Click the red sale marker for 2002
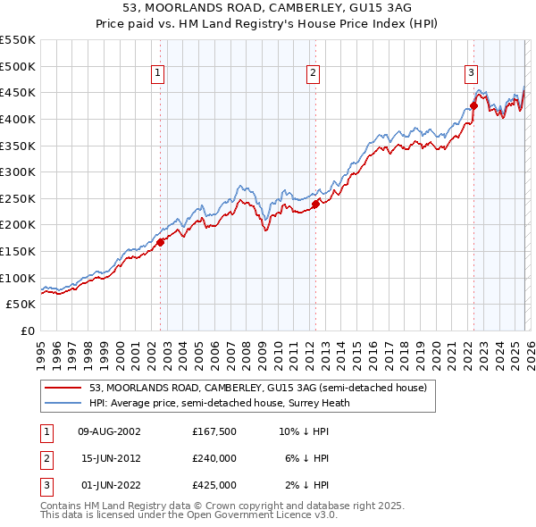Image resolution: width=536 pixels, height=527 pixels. click(x=160, y=242)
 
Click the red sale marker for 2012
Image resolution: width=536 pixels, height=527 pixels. click(x=315, y=204)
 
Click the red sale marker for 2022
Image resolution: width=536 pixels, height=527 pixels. click(x=473, y=106)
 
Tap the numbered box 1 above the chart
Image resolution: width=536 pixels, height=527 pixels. click(x=157, y=74)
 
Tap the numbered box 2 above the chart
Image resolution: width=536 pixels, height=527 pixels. click(x=314, y=74)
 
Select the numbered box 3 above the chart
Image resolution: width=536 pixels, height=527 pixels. click(x=471, y=74)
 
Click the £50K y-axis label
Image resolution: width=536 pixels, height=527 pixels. click(x=21, y=305)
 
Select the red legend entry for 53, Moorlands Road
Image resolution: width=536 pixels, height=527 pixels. click(x=259, y=388)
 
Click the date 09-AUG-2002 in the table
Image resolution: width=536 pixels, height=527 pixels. click(x=109, y=431)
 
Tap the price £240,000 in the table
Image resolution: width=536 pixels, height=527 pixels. click(x=214, y=458)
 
